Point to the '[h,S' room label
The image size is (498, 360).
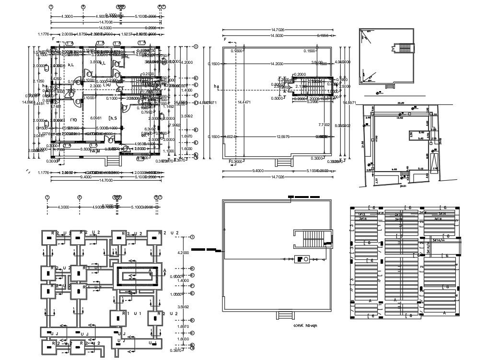(x=113, y=118)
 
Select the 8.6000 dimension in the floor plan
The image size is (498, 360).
(x=86, y=149)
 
